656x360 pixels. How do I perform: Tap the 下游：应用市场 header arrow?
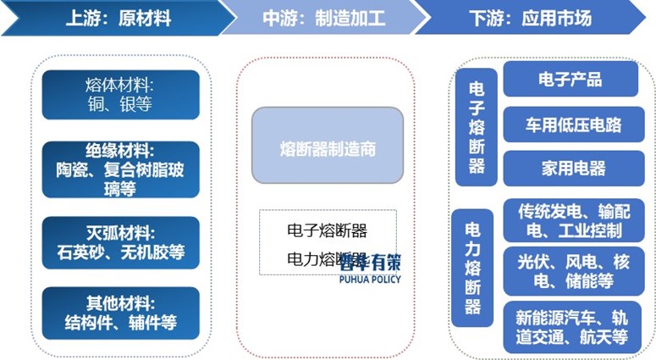tap(542, 17)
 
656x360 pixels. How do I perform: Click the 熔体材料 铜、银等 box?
tap(121, 94)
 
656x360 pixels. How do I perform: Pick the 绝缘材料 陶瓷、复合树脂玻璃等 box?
tap(121, 169)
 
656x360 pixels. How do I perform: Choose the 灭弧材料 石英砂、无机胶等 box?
tap(121, 242)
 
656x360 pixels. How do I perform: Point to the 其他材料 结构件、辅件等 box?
tap(121, 313)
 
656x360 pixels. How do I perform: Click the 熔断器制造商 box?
tap(327, 146)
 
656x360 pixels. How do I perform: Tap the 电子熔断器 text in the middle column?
tap(327, 230)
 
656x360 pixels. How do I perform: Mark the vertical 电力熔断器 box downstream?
tap(473, 268)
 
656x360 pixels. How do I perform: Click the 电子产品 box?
tap(570, 80)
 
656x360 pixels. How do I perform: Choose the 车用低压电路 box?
tap(570, 124)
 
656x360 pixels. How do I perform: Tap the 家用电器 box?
tap(570, 169)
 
